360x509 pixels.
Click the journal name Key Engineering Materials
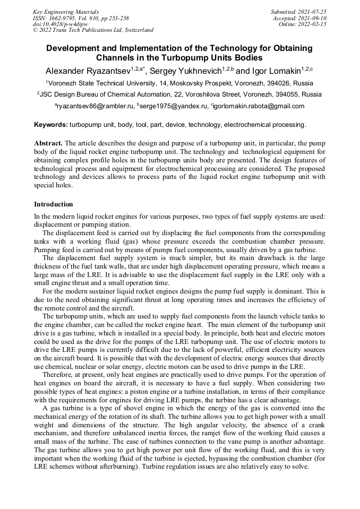click(x=65, y=11)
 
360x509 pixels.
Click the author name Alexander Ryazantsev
click(x=87, y=71)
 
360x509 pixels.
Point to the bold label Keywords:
click(x=50, y=125)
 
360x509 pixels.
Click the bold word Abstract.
click(x=48, y=144)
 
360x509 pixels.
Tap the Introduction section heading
click(x=54, y=204)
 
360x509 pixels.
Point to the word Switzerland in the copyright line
click(x=137, y=30)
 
